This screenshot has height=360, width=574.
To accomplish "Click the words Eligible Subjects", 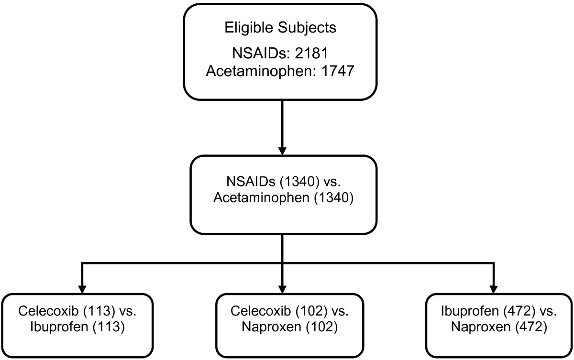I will click(280, 27).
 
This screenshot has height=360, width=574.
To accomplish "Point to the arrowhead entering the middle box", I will click(283, 149).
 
